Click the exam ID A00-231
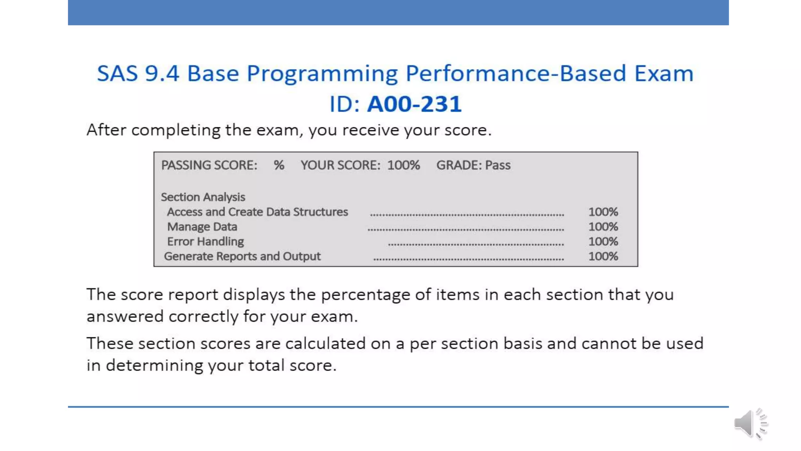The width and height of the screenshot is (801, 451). point(414,104)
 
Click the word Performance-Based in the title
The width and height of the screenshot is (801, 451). point(516,74)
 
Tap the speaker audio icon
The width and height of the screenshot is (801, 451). point(750,424)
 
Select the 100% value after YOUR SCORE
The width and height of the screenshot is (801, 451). point(403,165)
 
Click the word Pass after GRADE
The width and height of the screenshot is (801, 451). point(497,165)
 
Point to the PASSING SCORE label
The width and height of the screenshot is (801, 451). point(209,165)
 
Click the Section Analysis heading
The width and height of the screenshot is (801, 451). point(203,197)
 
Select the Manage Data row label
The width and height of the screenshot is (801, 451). point(202,227)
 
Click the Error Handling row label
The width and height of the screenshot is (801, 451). point(205,242)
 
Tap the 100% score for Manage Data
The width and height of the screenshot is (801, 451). point(603,227)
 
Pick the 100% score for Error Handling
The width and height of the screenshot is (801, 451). point(603,242)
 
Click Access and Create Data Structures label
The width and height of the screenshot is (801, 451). point(257,212)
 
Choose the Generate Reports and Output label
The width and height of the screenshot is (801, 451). point(242,256)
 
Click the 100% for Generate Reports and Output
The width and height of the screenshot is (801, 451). point(603,256)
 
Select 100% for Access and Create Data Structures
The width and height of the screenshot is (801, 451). point(603,212)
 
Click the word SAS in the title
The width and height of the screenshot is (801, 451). point(117,74)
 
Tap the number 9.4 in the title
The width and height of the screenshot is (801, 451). point(162,74)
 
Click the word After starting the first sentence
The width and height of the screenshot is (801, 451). point(106,130)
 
